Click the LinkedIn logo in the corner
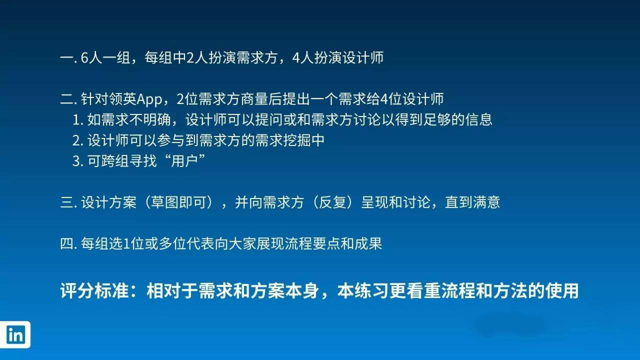coord(15,334)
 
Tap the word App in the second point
coord(149,99)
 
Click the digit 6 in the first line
coord(84,57)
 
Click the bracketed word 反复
coord(332,202)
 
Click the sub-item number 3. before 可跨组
coord(77,161)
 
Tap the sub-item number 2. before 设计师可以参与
coord(77,140)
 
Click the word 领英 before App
coord(123,99)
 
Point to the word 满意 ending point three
coord(486,202)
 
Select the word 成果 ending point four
coord(368,243)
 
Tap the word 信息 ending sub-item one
coord(479,119)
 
